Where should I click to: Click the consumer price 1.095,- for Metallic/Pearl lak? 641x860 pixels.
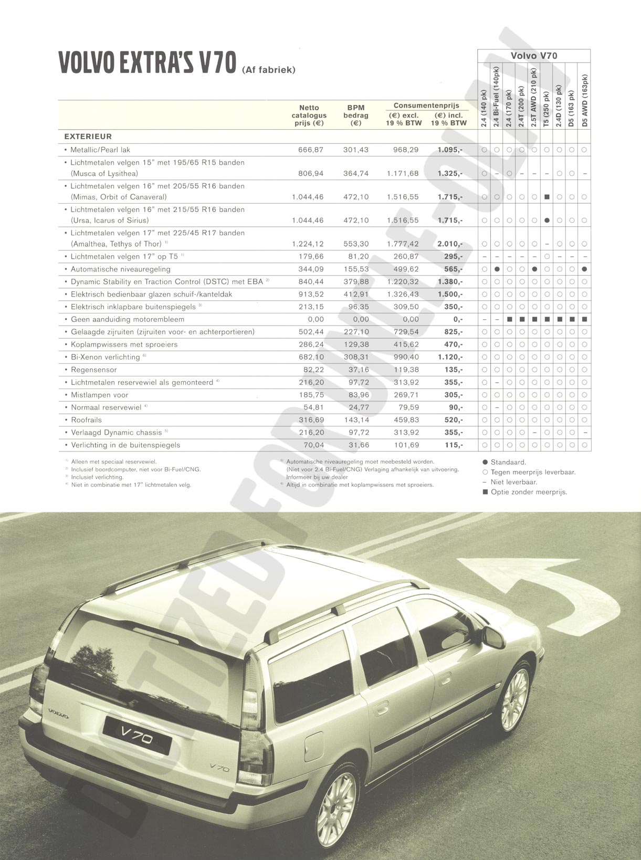point(450,150)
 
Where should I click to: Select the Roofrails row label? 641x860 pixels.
point(87,420)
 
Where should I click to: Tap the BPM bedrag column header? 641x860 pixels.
point(356,116)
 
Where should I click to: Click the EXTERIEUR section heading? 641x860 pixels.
point(88,137)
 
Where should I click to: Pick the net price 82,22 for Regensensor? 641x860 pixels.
point(311,370)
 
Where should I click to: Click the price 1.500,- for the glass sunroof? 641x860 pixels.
point(450,295)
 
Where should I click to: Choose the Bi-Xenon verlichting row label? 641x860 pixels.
point(105,357)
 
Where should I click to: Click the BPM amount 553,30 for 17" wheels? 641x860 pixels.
point(356,244)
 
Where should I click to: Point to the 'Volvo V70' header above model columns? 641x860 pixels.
point(534,56)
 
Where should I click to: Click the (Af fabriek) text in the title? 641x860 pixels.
point(269,70)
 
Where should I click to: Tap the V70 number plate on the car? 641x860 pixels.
point(136,733)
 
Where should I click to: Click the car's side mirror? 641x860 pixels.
point(493,637)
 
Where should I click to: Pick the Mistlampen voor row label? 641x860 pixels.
point(99,395)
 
